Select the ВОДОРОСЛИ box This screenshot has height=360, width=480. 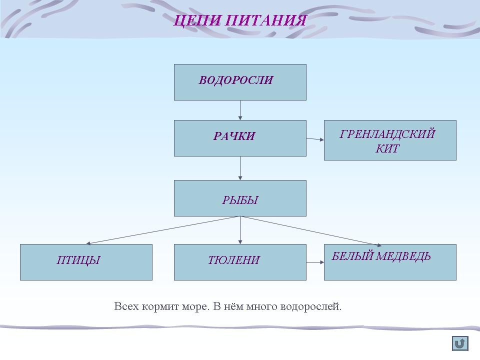click(240, 82)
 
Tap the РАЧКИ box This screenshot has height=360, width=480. click(240, 138)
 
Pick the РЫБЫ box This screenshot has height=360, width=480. click(240, 198)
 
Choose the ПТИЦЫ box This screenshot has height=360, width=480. click(86, 262)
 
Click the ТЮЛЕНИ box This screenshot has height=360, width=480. click(240, 262)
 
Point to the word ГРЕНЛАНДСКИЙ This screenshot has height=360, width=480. click(387, 134)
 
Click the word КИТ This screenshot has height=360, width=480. click(387, 148)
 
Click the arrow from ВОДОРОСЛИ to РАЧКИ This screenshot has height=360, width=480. click(240, 110)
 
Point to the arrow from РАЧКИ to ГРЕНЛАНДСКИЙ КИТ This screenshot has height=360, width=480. click(315, 139)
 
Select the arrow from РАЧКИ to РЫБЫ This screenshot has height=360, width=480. click(240, 168)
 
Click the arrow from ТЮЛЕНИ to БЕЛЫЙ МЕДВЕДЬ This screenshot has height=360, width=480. click(315, 261)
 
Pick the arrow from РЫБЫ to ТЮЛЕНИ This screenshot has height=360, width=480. click(240, 230)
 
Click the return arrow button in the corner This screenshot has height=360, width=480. click(460, 343)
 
